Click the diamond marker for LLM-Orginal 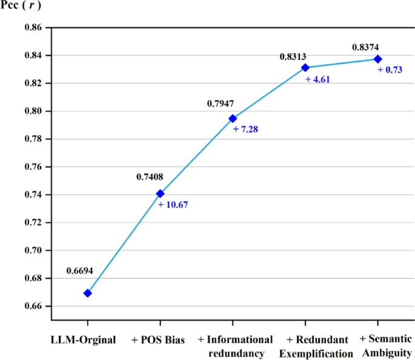(x=87, y=293)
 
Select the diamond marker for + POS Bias (x=160, y=194)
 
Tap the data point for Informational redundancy (x=233, y=119)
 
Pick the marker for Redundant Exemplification (x=305, y=67)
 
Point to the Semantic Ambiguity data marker (x=377, y=59)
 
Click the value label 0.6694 (x=80, y=272)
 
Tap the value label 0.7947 (x=221, y=104)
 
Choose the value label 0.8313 (x=293, y=56)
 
